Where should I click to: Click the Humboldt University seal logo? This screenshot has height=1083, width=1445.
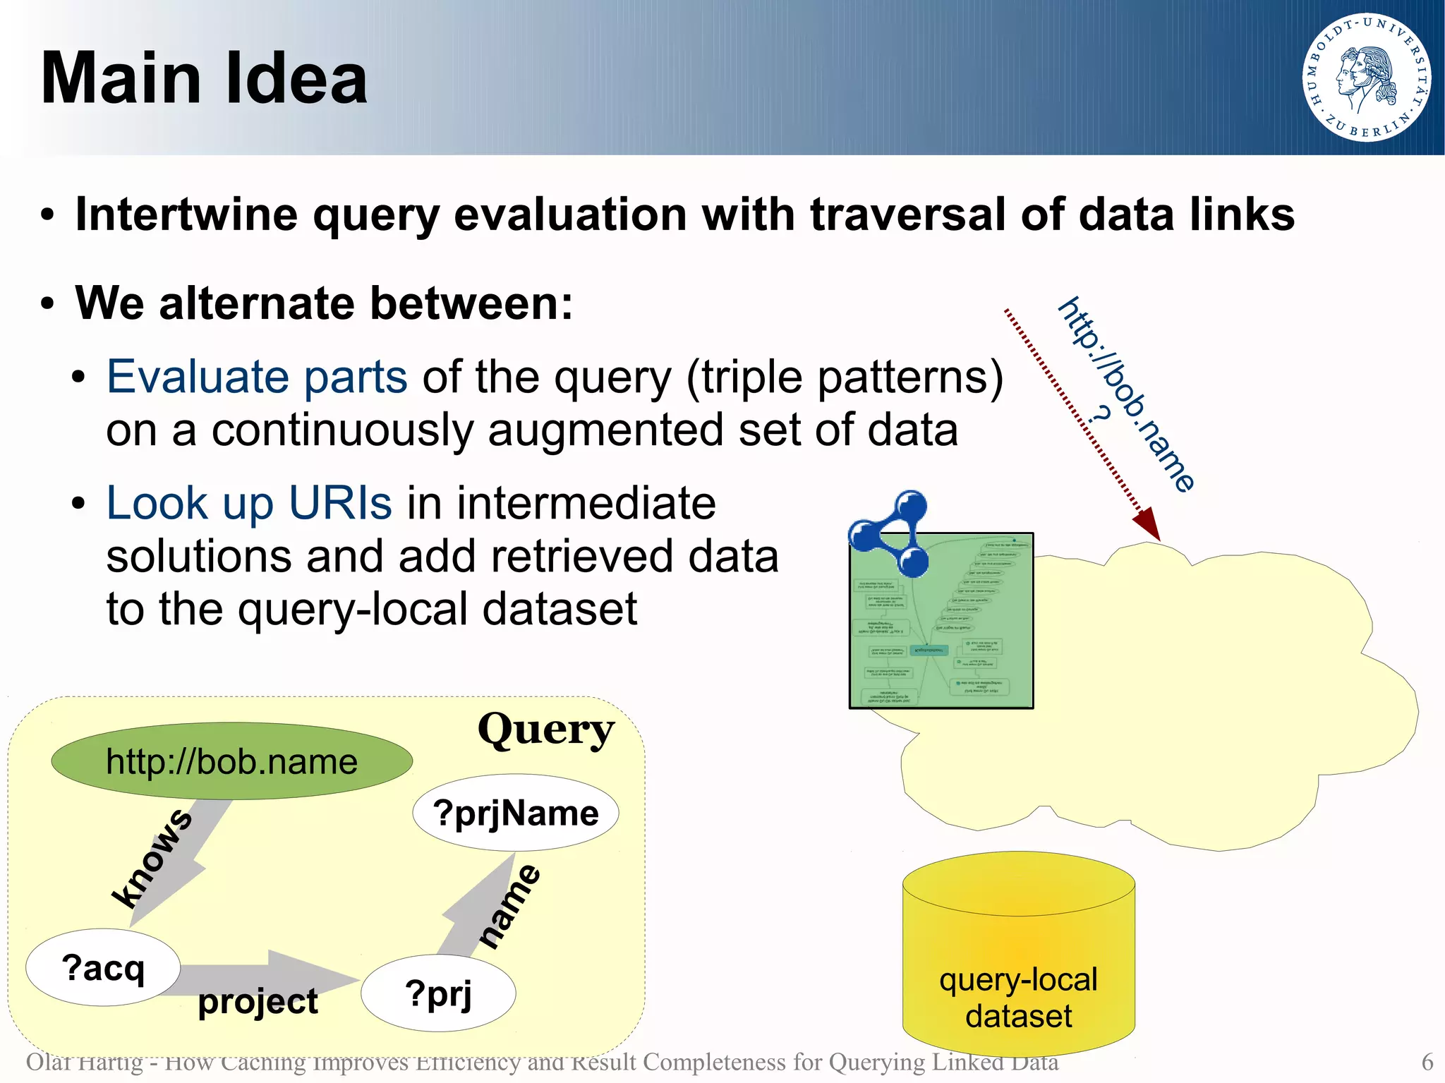tap(1366, 77)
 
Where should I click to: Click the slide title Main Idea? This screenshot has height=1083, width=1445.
tap(204, 78)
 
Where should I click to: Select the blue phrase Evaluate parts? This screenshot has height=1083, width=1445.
tap(257, 377)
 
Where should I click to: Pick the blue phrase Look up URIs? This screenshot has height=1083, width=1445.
tap(248, 503)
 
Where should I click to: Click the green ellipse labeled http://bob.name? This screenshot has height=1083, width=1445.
tap(231, 761)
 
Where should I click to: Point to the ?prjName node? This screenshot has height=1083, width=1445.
tap(516, 813)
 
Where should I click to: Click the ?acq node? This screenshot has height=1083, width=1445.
tap(103, 967)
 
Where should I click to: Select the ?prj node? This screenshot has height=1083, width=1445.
tap(438, 993)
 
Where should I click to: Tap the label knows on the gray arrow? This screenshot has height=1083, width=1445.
tap(152, 858)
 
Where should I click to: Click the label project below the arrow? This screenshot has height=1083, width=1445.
tap(258, 1002)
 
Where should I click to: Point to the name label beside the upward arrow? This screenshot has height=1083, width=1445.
tap(509, 906)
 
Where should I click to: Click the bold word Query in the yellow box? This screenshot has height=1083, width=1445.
tap(545, 730)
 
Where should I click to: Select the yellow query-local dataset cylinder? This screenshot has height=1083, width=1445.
tap(1018, 960)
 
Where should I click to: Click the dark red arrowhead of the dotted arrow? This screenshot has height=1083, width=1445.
tap(1148, 524)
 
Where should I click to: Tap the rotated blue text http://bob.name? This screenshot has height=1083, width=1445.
tap(1127, 394)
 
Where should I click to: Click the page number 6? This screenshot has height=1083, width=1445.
tap(1427, 1062)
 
